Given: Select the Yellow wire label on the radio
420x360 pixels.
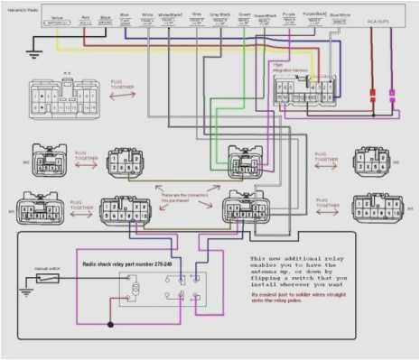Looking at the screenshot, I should coord(58,15).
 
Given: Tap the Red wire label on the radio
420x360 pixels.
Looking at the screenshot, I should coord(85,15).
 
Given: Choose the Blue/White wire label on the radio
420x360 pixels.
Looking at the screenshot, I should coord(340,15).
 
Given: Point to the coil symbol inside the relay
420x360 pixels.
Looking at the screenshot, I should coord(135,289).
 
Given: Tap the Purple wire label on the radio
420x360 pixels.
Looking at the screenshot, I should coord(290,15).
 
